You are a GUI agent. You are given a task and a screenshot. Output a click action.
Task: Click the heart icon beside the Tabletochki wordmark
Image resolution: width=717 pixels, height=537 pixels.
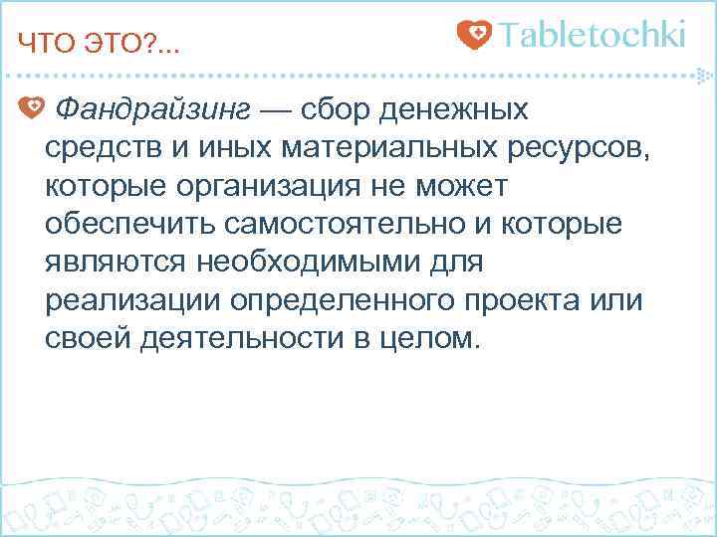(x=474, y=36)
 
